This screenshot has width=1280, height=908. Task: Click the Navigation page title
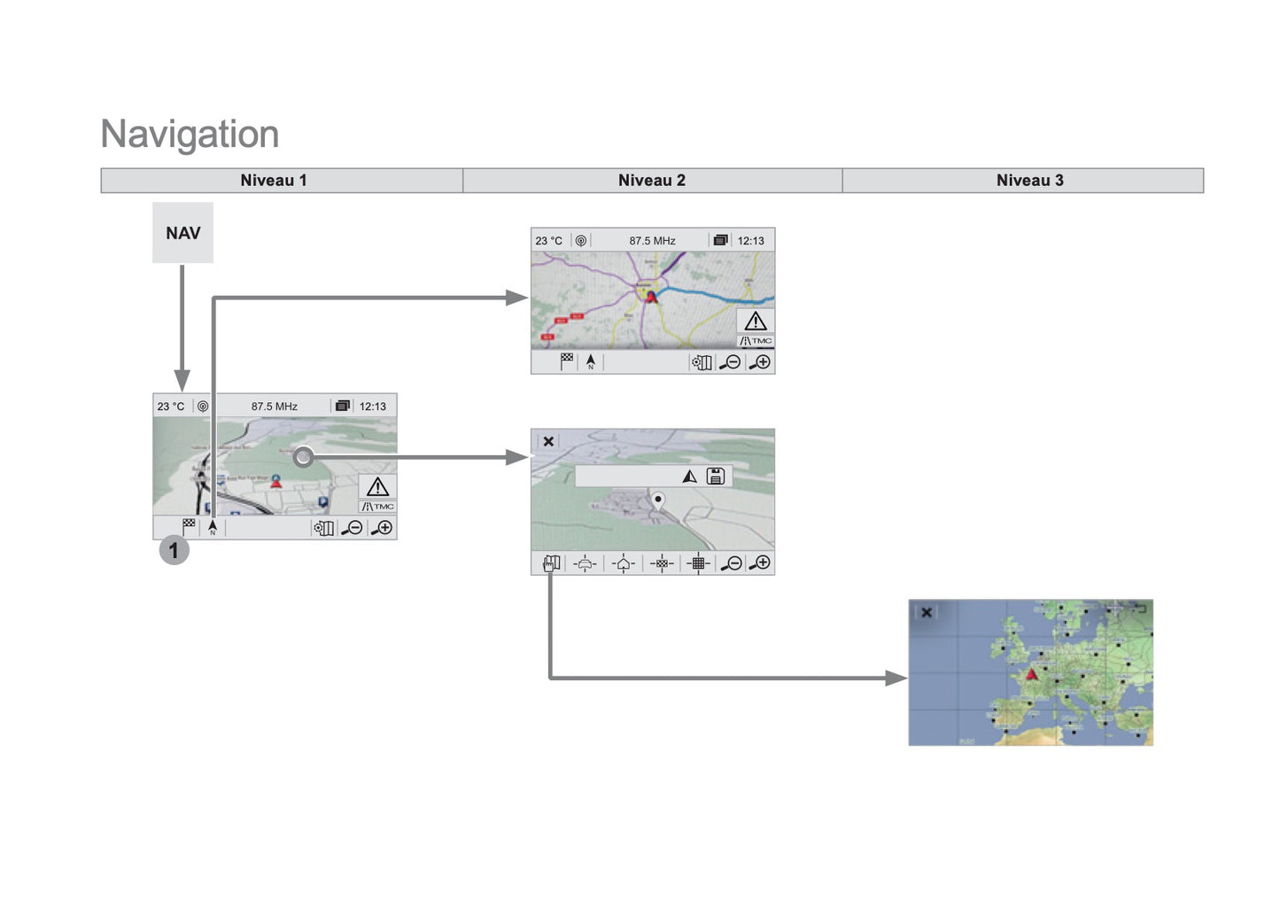(190, 134)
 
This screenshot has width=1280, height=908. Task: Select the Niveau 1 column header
(274, 181)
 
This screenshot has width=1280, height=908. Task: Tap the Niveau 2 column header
(652, 181)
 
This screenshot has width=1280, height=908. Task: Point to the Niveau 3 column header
(1029, 181)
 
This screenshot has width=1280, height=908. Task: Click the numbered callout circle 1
(174, 550)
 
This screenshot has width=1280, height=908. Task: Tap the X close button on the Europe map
(927, 612)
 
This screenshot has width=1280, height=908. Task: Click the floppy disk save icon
(716, 477)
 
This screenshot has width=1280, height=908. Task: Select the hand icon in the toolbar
(551, 563)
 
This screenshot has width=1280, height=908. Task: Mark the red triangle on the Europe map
(1031, 675)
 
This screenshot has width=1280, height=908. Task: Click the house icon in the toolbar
(624, 563)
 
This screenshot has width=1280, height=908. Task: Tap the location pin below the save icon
(658, 501)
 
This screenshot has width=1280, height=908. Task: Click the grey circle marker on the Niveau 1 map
(303, 457)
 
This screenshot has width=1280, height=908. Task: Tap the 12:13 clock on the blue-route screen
(750, 241)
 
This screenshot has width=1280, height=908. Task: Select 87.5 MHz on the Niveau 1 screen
(274, 407)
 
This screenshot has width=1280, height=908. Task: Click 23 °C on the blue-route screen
(548, 241)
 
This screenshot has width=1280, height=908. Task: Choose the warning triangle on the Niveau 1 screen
(377, 487)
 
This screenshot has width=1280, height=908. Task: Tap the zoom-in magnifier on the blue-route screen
(760, 362)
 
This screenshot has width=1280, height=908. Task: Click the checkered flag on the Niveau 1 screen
(189, 525)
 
